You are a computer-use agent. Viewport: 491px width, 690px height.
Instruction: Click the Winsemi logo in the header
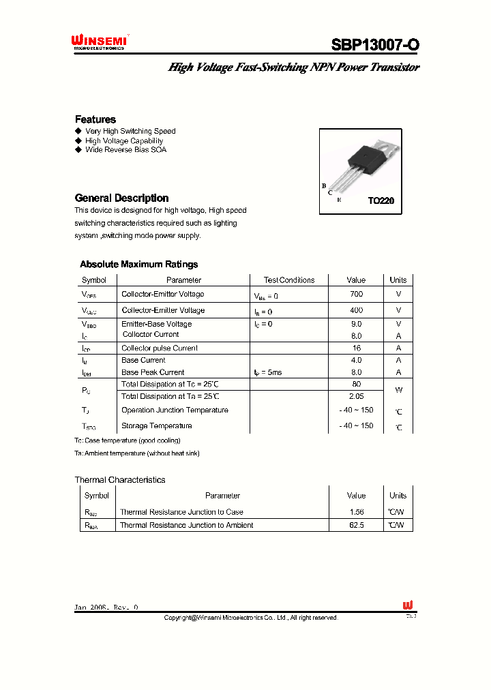[100, 42]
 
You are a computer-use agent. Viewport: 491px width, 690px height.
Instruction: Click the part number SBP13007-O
[375, 45]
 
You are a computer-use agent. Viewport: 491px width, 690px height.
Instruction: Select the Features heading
[95, 119]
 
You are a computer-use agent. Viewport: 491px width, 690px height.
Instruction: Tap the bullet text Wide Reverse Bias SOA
[125, 149]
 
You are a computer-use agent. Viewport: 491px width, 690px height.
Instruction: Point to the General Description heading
[121, 198]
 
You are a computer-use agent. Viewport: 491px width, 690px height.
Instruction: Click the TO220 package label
[381, 201]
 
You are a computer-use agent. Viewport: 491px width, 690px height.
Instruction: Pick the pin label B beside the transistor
[323, 185]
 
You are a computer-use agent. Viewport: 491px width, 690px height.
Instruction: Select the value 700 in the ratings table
[356, 294]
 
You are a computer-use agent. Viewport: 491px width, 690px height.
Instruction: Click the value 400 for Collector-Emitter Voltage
[356, 310]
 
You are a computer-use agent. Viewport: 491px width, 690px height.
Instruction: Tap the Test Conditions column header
[289, 280]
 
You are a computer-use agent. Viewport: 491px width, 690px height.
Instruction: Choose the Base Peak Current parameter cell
[153, 372]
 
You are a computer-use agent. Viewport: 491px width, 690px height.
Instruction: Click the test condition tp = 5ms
[267, 372]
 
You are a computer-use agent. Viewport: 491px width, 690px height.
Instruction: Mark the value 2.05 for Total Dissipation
[356, 395]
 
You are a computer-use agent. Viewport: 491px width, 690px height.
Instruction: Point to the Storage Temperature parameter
[157, 425]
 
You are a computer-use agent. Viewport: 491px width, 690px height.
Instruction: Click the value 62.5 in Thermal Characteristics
[356, 525]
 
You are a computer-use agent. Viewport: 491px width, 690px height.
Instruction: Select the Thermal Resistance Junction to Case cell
[181, 511]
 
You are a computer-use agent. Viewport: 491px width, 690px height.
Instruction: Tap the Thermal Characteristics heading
[120, 480]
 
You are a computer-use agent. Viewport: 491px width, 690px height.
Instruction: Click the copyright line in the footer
[250, 618]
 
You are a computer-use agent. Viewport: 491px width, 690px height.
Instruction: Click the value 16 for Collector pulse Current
[356, 348]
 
